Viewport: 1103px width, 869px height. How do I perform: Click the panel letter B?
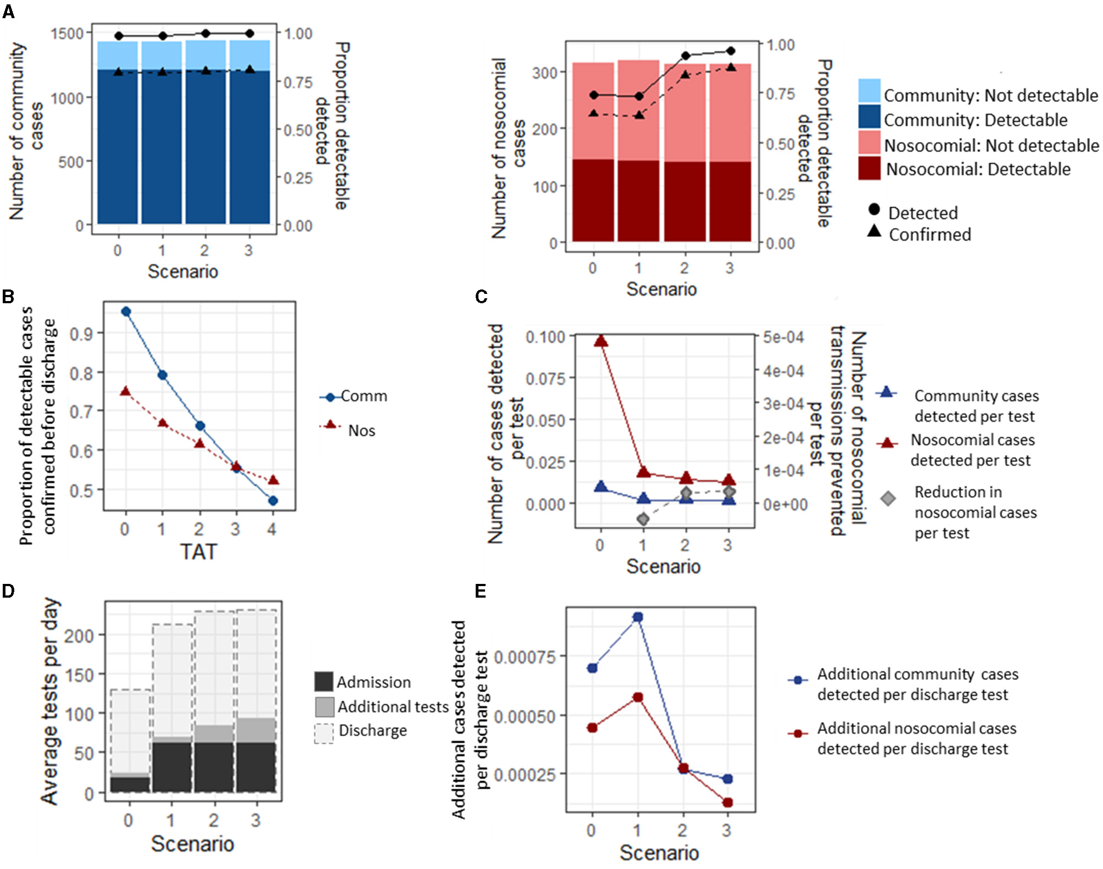tap(8, 297)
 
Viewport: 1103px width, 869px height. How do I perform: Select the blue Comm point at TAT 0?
tap(126, 311)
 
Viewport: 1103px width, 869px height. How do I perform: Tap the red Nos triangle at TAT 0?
tap(126, 391)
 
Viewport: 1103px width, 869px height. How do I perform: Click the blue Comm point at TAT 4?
tap(273, 500)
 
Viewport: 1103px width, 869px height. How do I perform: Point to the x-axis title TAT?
tap(198, 552)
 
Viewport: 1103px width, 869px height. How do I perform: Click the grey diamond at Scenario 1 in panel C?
tap(643, 519)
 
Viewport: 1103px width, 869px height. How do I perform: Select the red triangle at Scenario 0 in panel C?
tap(601, 341)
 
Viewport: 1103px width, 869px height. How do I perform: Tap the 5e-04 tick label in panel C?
tap(783, 337)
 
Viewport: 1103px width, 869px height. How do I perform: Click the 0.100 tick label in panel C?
tap(545, 337)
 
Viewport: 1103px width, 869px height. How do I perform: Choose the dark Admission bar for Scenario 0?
tap(130, 784)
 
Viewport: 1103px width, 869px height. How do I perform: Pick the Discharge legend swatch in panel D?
tap(324, 733)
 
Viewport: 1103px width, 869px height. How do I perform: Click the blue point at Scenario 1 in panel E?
tap(638, 617)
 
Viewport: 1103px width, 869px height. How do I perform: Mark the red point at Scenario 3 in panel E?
tap(728, 803)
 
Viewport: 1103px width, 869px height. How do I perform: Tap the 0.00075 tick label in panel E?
tap(525, 656)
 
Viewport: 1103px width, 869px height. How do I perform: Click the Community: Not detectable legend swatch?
tap(869, 91)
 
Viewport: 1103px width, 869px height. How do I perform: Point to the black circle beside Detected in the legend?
tap(874, 209)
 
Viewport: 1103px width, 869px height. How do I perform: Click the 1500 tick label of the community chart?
tap(67, 34)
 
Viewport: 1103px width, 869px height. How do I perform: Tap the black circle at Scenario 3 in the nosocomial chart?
tap(731, 51)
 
